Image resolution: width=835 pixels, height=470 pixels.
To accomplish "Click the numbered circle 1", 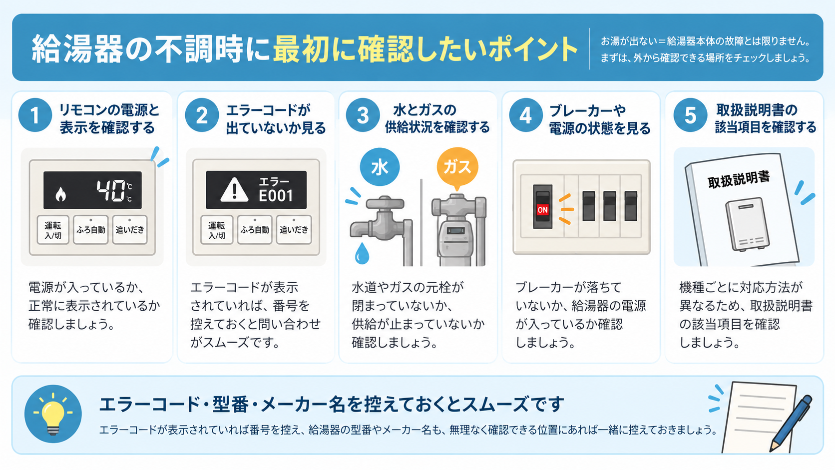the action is coord(35,115).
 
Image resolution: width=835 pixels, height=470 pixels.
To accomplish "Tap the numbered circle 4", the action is coord(525,115).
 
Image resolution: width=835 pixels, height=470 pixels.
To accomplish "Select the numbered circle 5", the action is coord(690,115).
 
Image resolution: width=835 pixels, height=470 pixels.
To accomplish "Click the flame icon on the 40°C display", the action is coord(60,194).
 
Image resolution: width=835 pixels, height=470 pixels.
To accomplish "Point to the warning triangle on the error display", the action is coord(234,190).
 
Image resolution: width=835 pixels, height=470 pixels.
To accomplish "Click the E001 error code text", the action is coord(276,196).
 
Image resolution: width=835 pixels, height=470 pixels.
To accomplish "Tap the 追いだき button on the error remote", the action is coord(294,230).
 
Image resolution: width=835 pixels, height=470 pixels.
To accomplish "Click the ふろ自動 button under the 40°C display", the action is coord(90,230).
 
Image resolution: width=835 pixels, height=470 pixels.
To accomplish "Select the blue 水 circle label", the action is coord(380,167).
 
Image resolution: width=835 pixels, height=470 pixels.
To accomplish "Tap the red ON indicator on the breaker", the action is coord(542,209).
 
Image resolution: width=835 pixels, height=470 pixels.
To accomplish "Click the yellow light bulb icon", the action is coord(52,414).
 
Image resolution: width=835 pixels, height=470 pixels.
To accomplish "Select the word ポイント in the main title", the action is coord(532,49).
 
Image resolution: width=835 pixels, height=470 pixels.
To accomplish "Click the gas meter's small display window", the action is coord(455,231).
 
